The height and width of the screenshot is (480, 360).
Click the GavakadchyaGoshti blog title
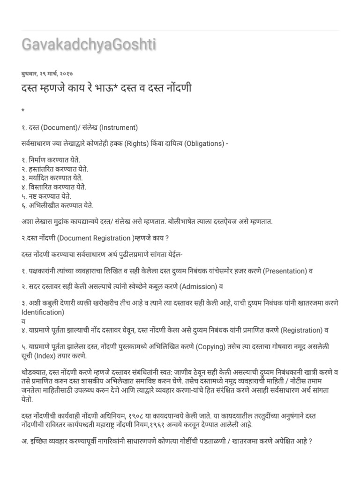(89, 45)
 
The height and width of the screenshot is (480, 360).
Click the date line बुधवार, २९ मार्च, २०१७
(47, 74)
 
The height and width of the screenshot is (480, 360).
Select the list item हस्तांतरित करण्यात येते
(58, 169)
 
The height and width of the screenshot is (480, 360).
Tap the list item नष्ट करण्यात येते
(51, 196)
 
